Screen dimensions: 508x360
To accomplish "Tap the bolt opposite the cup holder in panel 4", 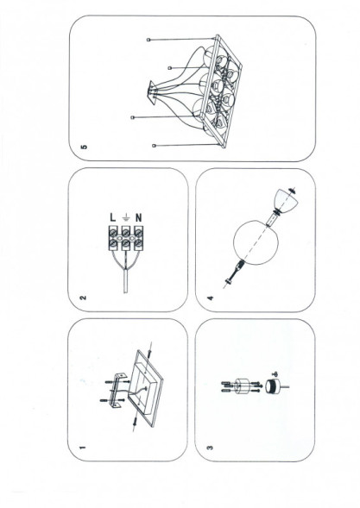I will point(231,278).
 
